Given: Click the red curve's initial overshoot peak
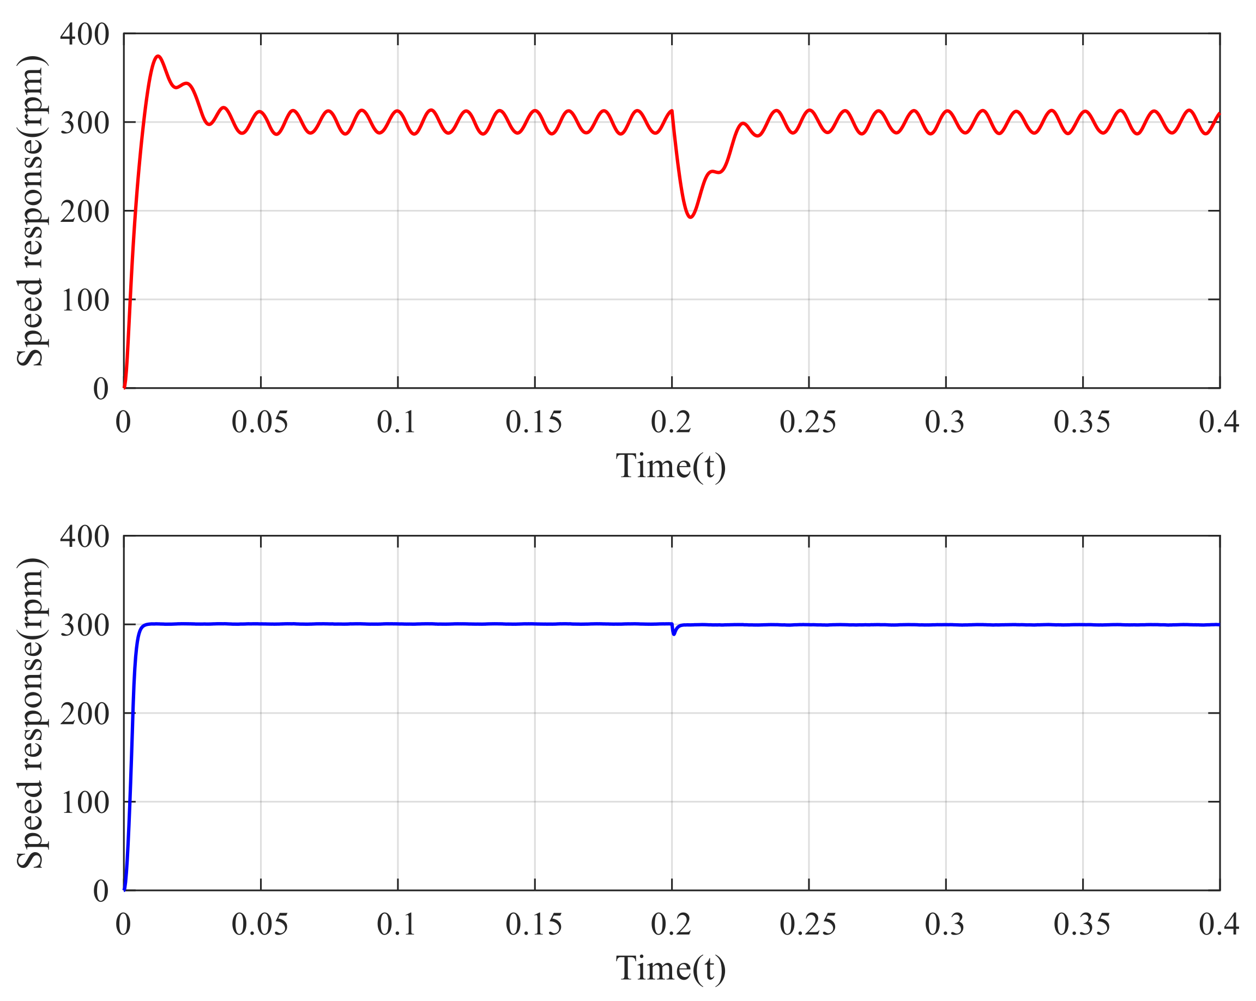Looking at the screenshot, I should point(158,57).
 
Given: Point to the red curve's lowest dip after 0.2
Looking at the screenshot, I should point(691,217).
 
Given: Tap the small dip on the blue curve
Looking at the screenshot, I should point(674,634).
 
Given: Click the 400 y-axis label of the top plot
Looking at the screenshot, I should point(84,34).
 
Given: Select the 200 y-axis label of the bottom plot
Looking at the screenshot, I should point(84,713).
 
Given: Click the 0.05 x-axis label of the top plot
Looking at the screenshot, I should point(260,422).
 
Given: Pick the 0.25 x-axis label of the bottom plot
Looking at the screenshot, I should point(808,924).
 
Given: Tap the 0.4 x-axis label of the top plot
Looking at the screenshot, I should point(1219,422).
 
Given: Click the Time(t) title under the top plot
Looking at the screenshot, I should point(671,466).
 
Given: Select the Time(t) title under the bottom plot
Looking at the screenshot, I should point(671,968).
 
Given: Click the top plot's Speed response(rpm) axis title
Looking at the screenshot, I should point(31,211).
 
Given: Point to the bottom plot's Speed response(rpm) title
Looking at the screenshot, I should point(31,713).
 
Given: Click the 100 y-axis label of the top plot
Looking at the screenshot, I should point(84,300).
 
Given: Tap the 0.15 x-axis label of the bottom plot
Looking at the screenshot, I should point(534,924).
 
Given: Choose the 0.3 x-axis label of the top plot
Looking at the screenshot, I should point(945,422).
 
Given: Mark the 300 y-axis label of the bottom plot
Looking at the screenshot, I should point(84,625).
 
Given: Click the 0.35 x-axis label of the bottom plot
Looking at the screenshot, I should point(1082,924).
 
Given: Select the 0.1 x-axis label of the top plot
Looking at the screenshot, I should point(397,422).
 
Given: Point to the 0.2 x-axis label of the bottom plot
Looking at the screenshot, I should point(671,924).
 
